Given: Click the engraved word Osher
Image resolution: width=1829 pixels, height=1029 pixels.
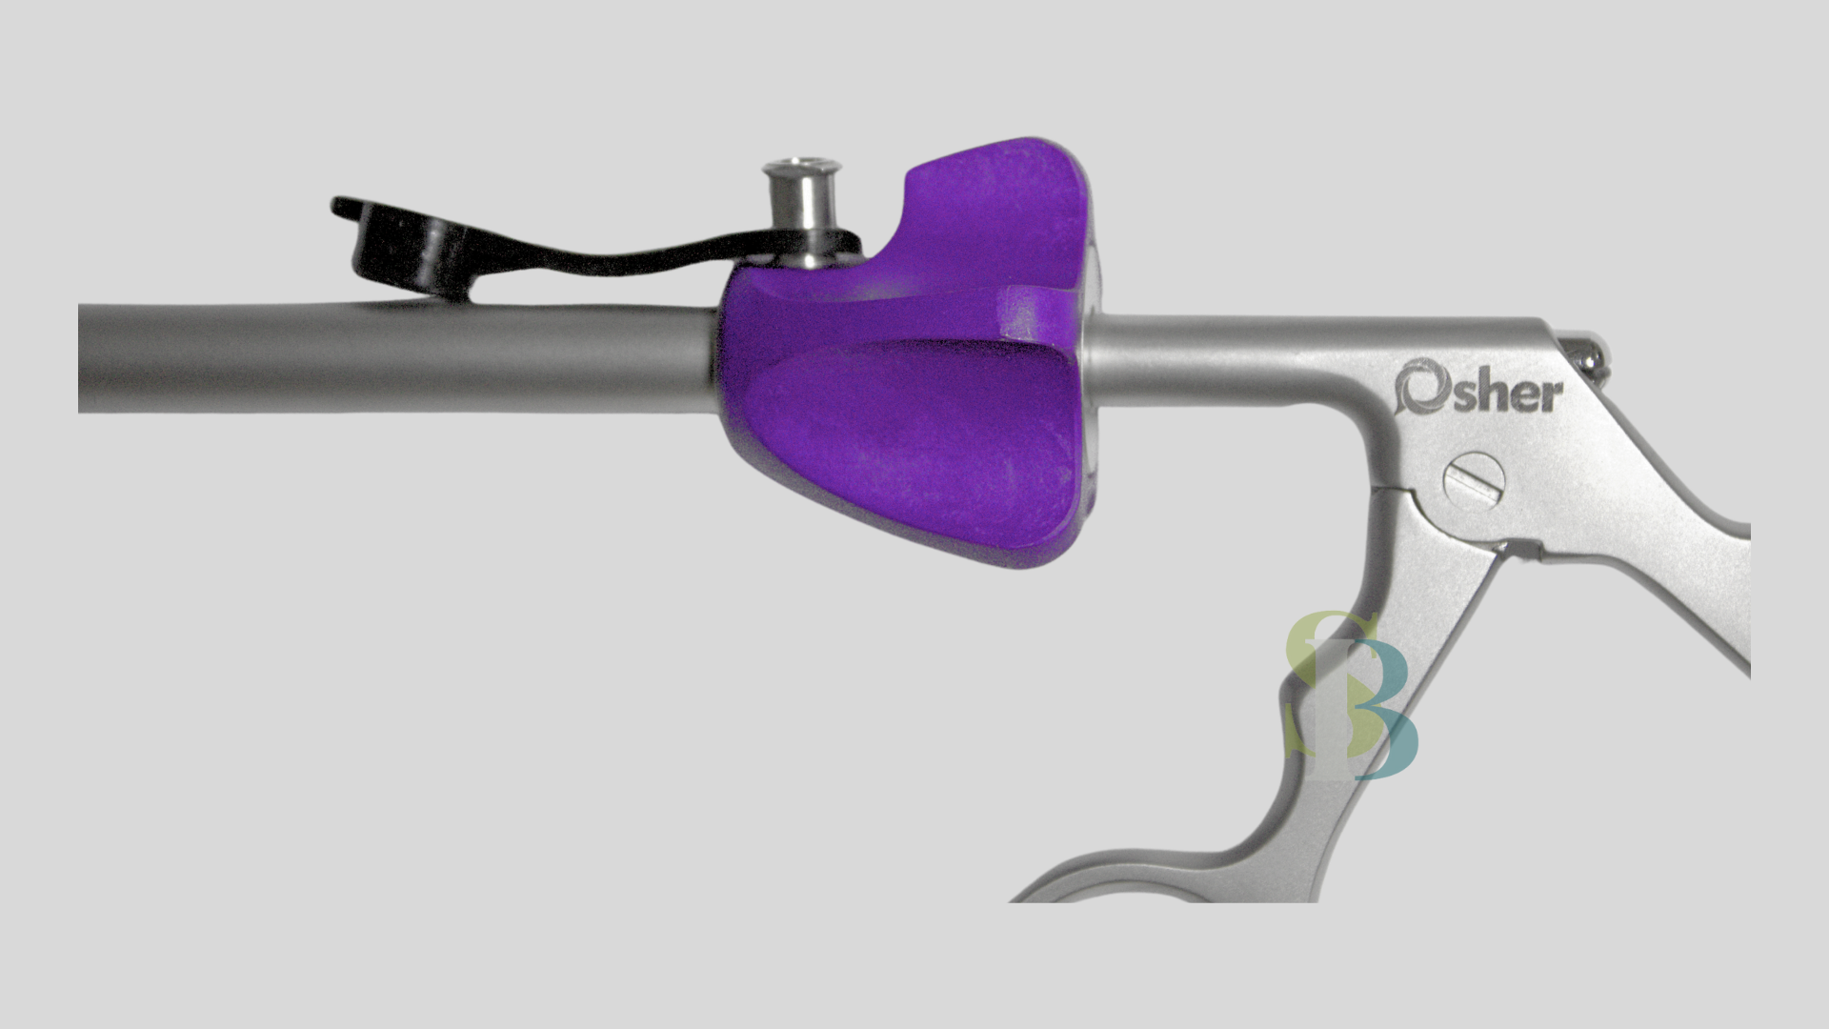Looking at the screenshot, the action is pyautogui.click(x=1478, y=390).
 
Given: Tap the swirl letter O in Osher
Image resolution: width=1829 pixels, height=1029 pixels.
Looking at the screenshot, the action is pyautogui.click(x=1417, y=388).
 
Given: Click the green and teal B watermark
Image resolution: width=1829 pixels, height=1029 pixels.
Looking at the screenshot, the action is pyautogui.click(x=1349, y=696).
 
